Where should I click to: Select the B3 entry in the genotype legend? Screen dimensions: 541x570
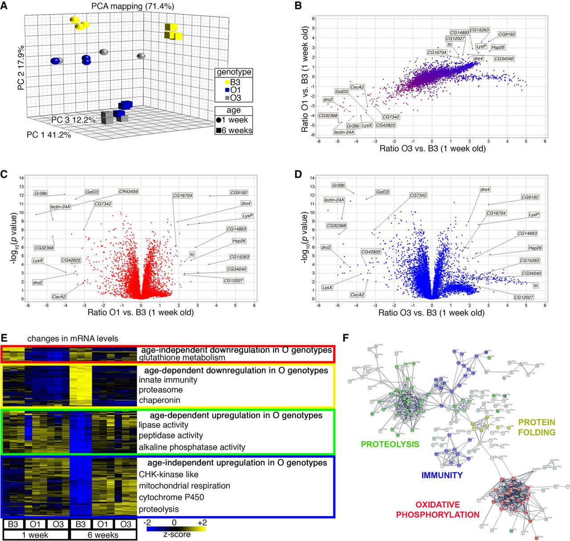click(x=232, y=82)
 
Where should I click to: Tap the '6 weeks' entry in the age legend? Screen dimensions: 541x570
click(x=234, y=131)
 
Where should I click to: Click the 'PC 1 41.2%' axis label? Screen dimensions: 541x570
click(x=49, y=135)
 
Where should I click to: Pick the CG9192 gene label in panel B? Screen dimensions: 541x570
click(x=506, y=34)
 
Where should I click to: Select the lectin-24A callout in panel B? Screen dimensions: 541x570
click(x=344, y=132)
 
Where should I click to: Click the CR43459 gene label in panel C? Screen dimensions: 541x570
click(x=128, y=192)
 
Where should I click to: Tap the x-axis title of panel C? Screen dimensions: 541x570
click(x=141, y=312)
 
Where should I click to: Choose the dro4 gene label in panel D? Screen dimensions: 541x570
click(x=485, y=189)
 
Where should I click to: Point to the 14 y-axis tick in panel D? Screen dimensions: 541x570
click(x=313, y=178)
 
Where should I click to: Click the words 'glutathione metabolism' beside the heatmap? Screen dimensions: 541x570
click(x=182, y=357)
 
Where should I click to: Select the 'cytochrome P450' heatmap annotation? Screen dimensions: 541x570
click(x=171, y=497)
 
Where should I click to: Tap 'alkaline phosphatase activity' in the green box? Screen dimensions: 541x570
click(x=191, y=447)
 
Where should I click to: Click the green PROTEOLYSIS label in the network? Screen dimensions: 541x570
click(x=390, y=444)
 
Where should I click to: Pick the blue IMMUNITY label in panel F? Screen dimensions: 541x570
click(x=442, y=475)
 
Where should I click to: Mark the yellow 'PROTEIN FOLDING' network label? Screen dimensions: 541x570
click(x=537, y=427)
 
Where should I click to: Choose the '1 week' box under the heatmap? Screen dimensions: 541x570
click(x=35, y=535)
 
